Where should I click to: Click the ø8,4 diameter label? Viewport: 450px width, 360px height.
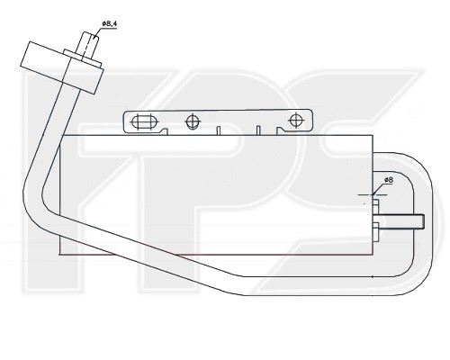[109, 23]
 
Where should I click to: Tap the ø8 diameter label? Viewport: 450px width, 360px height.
[389, 180]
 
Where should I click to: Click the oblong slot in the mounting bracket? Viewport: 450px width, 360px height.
[144, 122]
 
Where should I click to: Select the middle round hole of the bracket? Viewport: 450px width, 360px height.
[193, 121]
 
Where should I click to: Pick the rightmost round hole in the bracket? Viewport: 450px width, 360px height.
[296, 121]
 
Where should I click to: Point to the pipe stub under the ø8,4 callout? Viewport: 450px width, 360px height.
[89, 45]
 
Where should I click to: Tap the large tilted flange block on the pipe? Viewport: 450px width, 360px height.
[62, 67]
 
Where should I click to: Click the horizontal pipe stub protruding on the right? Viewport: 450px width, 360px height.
[401, 221]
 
